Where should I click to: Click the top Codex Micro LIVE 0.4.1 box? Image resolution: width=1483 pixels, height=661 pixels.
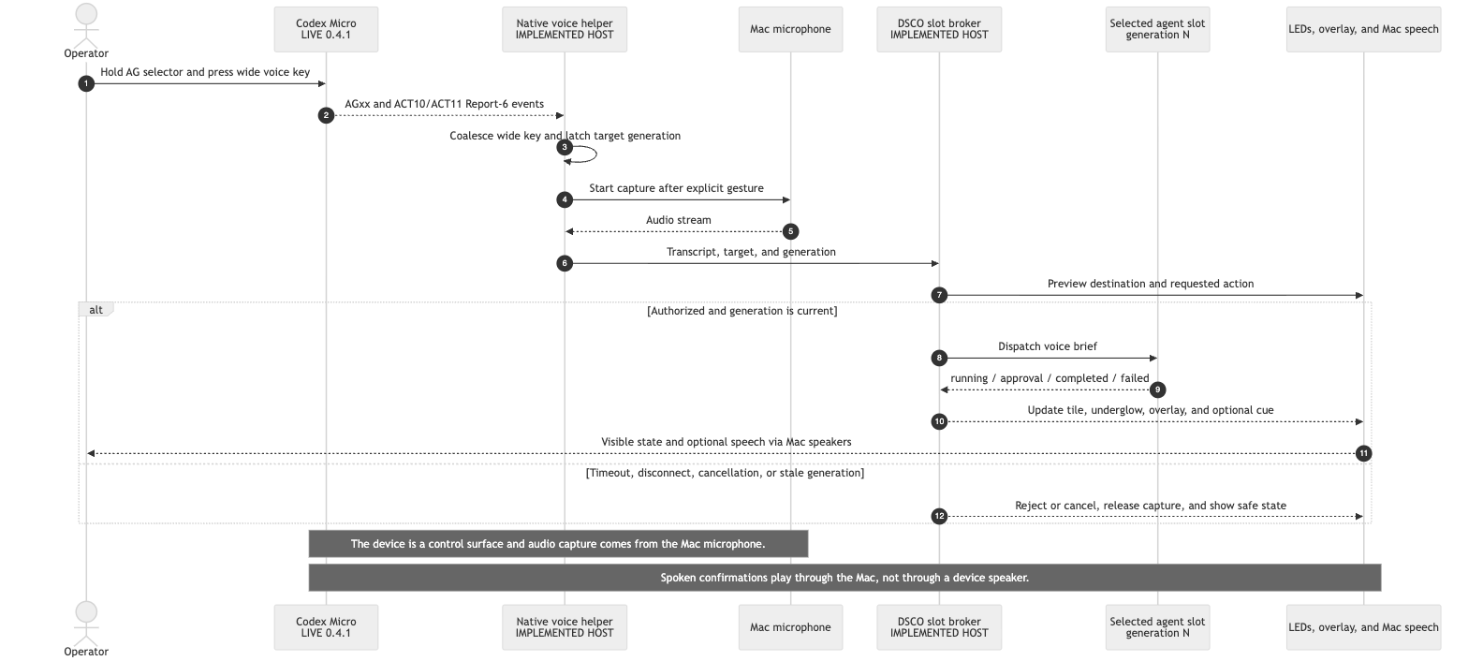[326, 29]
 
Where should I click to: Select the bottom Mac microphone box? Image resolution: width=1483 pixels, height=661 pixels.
[790, 627]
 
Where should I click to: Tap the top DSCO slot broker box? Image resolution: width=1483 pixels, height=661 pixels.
[939, 29]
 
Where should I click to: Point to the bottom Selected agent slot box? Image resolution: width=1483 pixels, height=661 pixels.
[1157, 627]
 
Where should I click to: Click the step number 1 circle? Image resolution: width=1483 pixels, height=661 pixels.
[86, 83]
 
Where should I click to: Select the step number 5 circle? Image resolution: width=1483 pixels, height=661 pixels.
[790, 231]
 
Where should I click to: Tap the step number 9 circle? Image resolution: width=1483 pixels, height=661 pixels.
[1157, 389]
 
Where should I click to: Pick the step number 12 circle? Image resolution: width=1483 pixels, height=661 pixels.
[939, 516]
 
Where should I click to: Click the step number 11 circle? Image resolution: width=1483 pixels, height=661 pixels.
[1363, 453]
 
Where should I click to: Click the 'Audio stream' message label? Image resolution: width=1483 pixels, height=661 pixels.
[679, 220]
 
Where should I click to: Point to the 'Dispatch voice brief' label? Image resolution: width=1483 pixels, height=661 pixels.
[1048, 346]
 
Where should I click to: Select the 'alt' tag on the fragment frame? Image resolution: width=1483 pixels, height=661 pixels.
[96, 309]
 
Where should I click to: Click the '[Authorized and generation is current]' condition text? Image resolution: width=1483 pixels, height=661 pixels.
[742, 311]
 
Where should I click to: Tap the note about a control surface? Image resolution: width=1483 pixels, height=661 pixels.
[558, 544]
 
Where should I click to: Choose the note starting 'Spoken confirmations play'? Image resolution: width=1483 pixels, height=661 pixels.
[844, 578]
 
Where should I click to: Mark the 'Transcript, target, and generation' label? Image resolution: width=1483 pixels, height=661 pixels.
[752, 252]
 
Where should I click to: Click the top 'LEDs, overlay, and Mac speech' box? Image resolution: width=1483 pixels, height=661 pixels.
[1363, 29]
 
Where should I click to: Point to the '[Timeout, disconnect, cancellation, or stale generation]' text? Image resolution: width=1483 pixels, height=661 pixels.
[725, 473]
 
